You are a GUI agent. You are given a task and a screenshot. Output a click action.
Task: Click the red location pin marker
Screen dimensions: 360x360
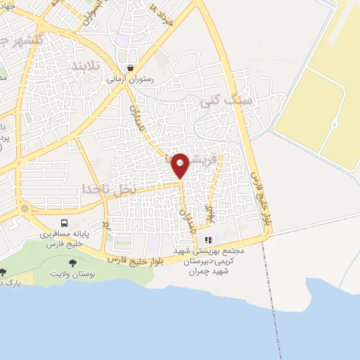[181, 165]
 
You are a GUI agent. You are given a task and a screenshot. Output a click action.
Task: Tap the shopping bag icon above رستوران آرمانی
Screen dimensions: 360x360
[130, 68]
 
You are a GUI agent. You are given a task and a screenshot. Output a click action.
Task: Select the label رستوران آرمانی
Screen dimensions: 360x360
[130, 80]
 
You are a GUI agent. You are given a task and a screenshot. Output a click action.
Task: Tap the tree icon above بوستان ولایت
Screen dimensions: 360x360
[72, 264]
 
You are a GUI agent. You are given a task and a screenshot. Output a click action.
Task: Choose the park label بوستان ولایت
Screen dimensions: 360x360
[73, 274]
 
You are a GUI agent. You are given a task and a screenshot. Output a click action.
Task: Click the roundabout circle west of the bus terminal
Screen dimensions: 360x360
[25, 209]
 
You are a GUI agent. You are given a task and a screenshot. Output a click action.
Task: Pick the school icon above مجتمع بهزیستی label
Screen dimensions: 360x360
[207, 240]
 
